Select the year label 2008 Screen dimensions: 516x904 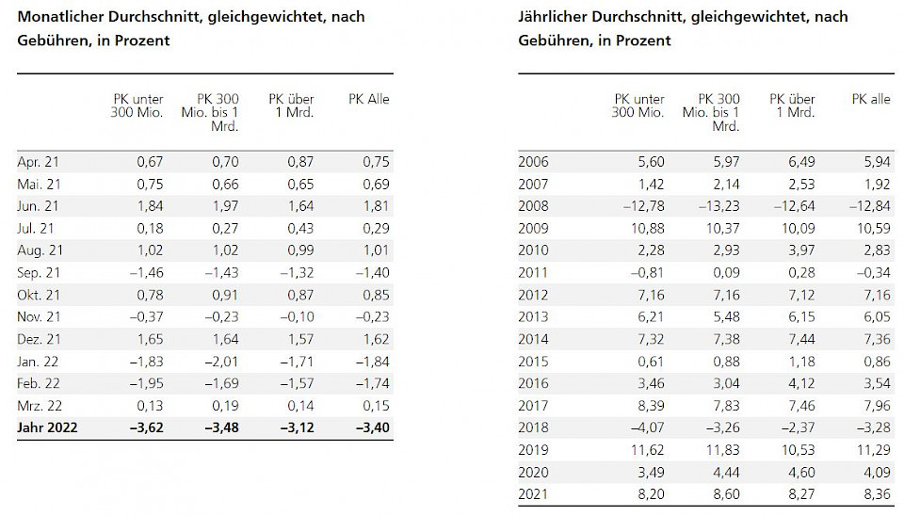tap(534, 205)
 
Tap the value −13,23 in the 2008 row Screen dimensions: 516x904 tap(717, 205)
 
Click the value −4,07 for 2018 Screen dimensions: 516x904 tap(643, 428)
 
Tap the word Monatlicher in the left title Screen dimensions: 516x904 tap(63, 17)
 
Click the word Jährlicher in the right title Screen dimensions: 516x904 tap(555, 17)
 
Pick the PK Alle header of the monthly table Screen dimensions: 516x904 tap(369, 100)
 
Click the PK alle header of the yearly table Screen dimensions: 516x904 tap(871, 100)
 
